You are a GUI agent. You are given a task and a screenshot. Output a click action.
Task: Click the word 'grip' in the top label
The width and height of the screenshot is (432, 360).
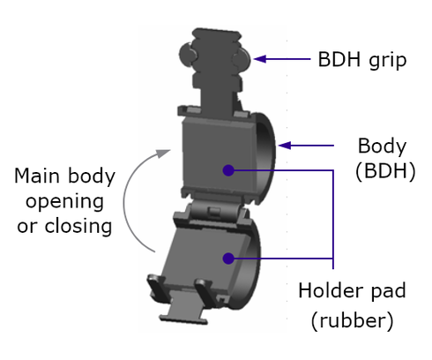click(388, 61)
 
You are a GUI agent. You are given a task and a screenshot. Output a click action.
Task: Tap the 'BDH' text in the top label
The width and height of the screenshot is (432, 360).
click(339, 59)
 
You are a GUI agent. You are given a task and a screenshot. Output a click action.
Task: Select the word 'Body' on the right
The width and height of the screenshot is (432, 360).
click(382, 146)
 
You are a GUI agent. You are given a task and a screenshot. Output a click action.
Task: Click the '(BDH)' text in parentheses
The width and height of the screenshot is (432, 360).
click(385, 171)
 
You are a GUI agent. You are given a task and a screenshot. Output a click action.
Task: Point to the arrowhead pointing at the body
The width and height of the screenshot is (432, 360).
click(285, 146)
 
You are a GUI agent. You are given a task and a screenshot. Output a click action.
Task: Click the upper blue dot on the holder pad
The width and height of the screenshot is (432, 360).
click(228, 170)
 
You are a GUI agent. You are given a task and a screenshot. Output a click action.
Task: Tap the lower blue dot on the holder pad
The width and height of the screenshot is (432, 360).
click(228, 259)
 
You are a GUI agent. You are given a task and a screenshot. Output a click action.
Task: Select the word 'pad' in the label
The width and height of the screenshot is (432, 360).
click(388, 292)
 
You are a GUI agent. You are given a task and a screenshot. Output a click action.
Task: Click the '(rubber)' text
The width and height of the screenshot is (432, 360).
click(352, 320)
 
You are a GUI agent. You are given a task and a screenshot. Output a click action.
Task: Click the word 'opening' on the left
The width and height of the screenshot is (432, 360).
click(64, 203)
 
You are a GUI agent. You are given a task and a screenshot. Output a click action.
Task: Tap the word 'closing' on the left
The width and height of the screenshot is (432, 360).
click(78, 226)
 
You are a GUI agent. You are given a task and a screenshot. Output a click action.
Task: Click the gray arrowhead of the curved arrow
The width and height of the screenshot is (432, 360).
click(163, 154)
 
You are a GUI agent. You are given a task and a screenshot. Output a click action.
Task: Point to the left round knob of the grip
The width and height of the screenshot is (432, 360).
click(187, 55)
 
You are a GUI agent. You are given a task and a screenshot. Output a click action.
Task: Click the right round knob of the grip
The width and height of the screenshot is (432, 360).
click(242, 59)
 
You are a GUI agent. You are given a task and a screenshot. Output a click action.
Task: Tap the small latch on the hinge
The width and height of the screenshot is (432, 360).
click(214, 211)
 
